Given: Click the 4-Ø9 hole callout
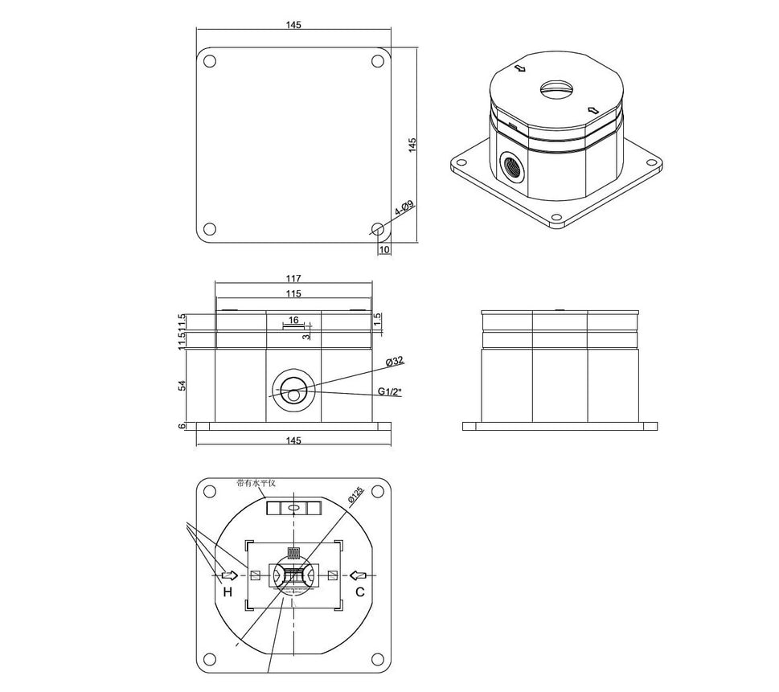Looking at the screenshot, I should pyautogui.click(x=404, y=209).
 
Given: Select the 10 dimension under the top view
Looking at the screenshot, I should pyautogui.click(x=384, y=250).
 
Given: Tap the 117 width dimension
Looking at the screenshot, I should pyautogui.click(x=293, y=280).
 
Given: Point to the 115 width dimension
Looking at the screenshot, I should pyautogui.click(x=293, y=294).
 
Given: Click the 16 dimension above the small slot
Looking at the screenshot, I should pyautogui.click(x=293, y=320).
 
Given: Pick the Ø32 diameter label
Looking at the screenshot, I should pyautogui.click(x=394, y=361).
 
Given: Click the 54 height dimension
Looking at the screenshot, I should pyautogui.click(x=182, y=385).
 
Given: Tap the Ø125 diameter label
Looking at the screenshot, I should pyautogui.click(x=355, y=495).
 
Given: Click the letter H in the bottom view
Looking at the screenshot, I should pyautogui.click(x=228, y=592).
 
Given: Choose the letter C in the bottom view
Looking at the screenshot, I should pyautogui.click(x=360, y=592).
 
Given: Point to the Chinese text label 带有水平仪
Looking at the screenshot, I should pyautogui.click(x=256, y=483).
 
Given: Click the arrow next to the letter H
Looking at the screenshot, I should pyautogui.click(x=228, y=575).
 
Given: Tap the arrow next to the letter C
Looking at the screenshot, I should pyautogui.click(x=359, y=575).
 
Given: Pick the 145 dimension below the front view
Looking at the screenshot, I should pyautogui.click(x=293, y=440).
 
